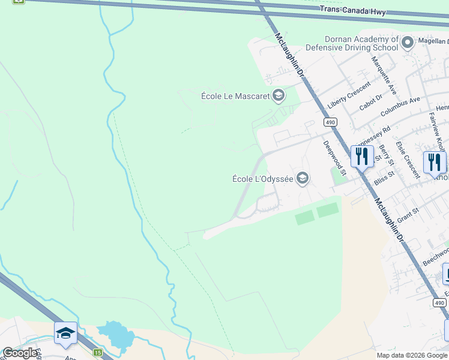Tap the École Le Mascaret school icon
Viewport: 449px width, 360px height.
(278, 95)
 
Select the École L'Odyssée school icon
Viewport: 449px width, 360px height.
(303, 178)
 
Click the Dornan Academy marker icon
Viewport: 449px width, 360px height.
(408, 43)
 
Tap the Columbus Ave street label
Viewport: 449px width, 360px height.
(400, 107)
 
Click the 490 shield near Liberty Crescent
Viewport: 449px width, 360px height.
(330, 122)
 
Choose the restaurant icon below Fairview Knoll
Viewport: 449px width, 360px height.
(434, 162)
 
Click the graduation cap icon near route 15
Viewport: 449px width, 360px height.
(65, 333)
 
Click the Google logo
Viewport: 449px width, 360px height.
(20, 353)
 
